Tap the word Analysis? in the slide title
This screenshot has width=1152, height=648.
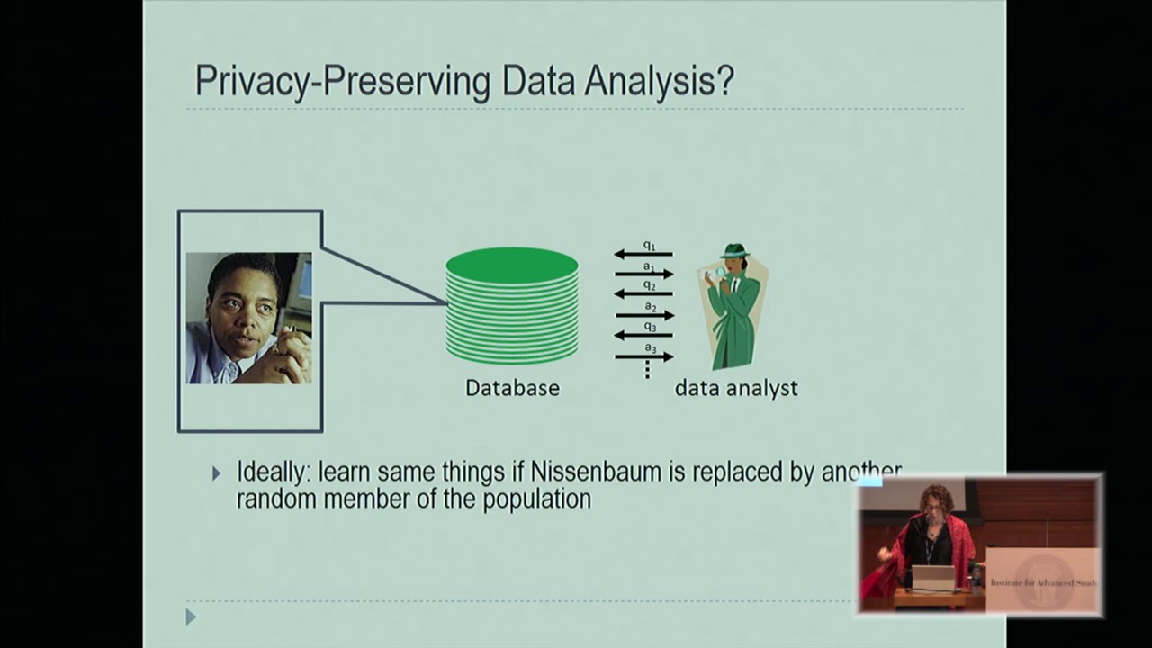tap(661, 81)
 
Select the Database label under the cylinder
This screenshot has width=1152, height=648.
tap(512, 388)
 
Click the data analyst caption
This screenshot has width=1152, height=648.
tap(736, 388)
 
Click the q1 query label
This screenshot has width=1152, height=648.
tap(649, 246)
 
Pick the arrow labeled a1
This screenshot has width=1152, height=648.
tap(643, 274)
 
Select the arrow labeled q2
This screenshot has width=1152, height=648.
tap(643, 294)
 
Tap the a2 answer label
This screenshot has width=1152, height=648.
tap(649, 307)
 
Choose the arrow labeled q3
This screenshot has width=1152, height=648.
tap(643, 335)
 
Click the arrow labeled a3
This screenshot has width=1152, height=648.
tap(643, 356)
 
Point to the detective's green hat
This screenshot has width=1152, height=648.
tap(734, 251)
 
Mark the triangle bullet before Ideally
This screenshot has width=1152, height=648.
tap(216, 472)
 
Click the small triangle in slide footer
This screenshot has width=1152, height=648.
tap(190, 616)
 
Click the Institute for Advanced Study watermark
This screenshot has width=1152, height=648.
tap(1042, 582)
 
